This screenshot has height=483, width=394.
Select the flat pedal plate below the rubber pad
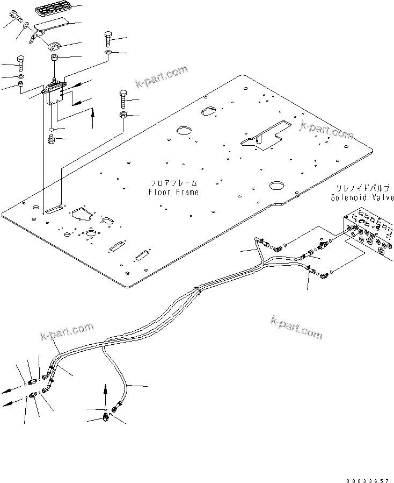(50, 25)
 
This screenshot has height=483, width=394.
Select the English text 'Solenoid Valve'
(363, 197)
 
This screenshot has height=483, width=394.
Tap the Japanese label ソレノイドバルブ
(363, 188)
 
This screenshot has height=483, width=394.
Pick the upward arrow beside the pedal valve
(93, 118)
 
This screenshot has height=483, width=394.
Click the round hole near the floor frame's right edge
(277, 186)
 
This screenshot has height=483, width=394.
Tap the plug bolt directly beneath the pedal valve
(52, 140)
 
